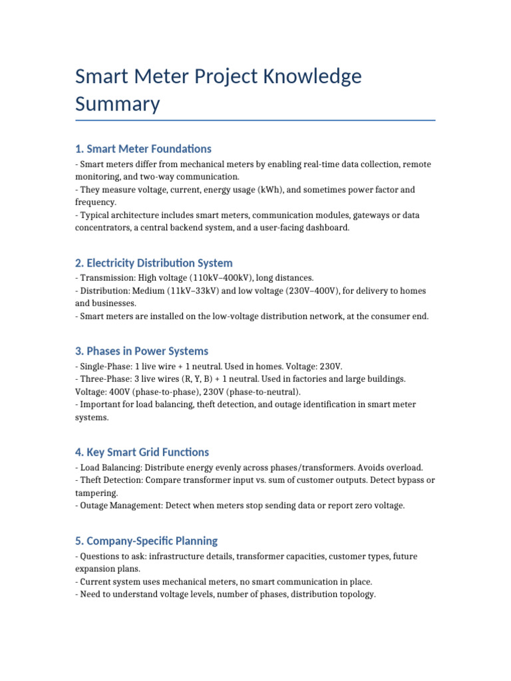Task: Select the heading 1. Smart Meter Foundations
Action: (143, 148)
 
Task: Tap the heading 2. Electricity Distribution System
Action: (154, 263)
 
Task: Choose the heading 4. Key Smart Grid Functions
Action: (142, 452)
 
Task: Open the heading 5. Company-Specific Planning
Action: (146, 541)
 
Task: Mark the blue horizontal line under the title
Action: (255, 120)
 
